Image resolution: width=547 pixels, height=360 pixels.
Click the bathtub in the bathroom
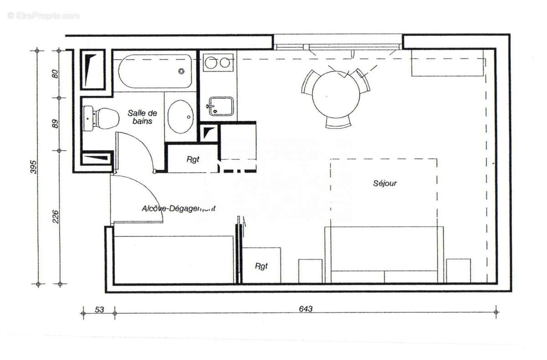click(x=155, y=72)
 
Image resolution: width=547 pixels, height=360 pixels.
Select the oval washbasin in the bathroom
click(x=181, y=117)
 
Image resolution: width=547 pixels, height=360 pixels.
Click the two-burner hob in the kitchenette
click(x=217, y=63)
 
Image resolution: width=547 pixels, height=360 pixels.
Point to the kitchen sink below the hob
click(x=221, y=106)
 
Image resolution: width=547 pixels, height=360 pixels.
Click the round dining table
click(x=336, y=94)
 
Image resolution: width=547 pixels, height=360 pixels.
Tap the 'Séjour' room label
click(x=385, y=183)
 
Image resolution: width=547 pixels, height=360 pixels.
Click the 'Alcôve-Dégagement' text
click(x=178, y=209)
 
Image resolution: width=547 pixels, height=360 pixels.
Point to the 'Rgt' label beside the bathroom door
click(x=193, y=160)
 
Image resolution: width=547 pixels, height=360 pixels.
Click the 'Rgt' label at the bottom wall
click(x=261, y=266)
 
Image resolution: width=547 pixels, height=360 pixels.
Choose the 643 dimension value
click(x=306, y=309)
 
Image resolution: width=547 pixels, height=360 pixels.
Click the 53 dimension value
click(x=98, y=309)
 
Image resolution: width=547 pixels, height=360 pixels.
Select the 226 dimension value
click(x=56, y=217)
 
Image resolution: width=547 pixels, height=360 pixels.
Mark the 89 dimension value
click(x=56, y=123)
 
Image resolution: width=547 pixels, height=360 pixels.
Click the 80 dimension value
click(x=56, y=73)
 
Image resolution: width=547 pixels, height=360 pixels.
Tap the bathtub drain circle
click(x=182, y=71)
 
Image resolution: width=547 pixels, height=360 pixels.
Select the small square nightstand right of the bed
click(x=458, y=271)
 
